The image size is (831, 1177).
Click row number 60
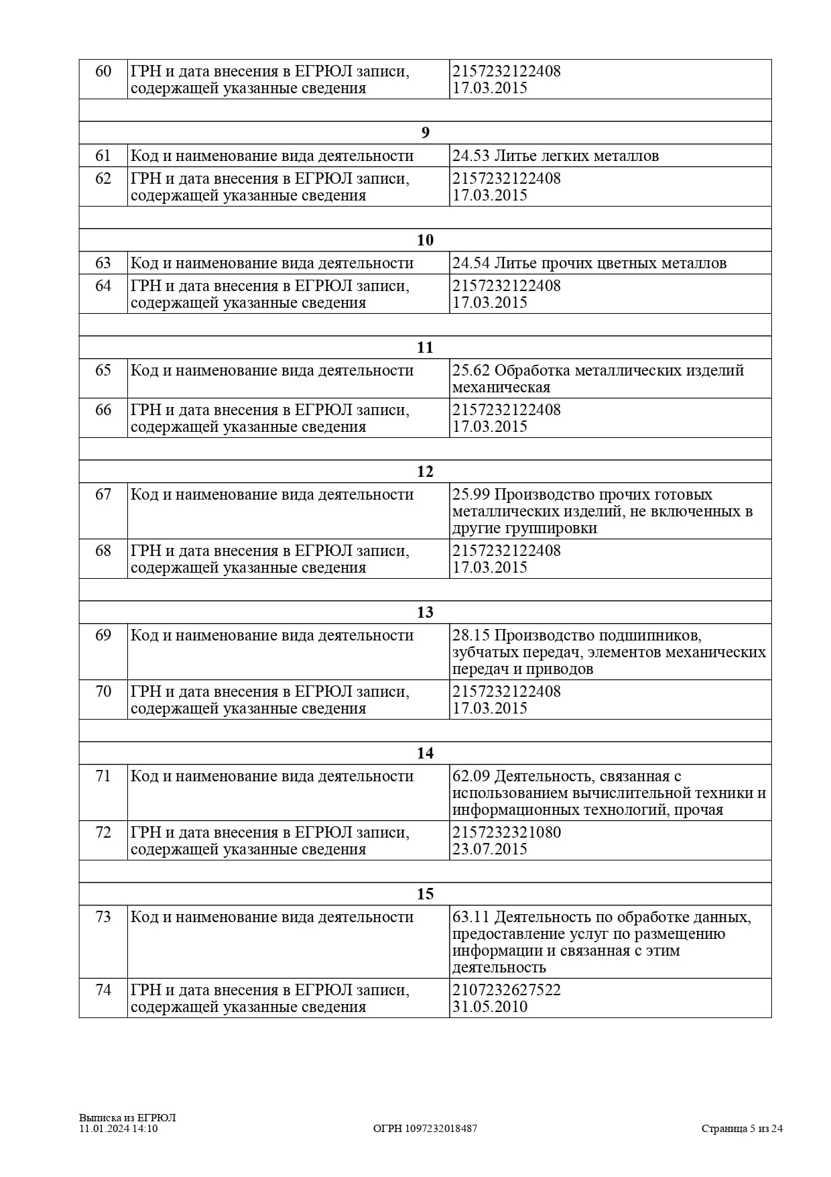[103, 71]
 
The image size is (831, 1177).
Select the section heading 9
[425, 133]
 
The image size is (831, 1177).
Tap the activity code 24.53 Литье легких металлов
[556, 156]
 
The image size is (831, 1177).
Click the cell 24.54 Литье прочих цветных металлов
[589, 264]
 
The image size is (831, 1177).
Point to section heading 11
[425, 347]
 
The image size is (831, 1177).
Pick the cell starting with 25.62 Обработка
[598, 379]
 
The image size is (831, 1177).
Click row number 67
[103, 495]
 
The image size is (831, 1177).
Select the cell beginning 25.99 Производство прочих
[602, 511]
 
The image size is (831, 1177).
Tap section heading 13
[425, 612]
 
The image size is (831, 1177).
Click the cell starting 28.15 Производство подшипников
[609, 652]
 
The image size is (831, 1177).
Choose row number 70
[103, 691]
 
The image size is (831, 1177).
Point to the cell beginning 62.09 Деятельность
[609, 793]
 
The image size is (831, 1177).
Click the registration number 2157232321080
[507, 832]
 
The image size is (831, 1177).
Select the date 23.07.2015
[490, 849]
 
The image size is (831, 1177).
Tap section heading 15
[425, 894]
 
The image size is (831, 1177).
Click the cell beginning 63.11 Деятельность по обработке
[601, 942]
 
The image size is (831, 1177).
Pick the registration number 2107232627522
[507, 990]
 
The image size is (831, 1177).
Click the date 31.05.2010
[490, 1007]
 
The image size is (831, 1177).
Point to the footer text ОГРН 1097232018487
[425, 1129]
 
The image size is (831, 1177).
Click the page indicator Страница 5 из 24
[742, 1129]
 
